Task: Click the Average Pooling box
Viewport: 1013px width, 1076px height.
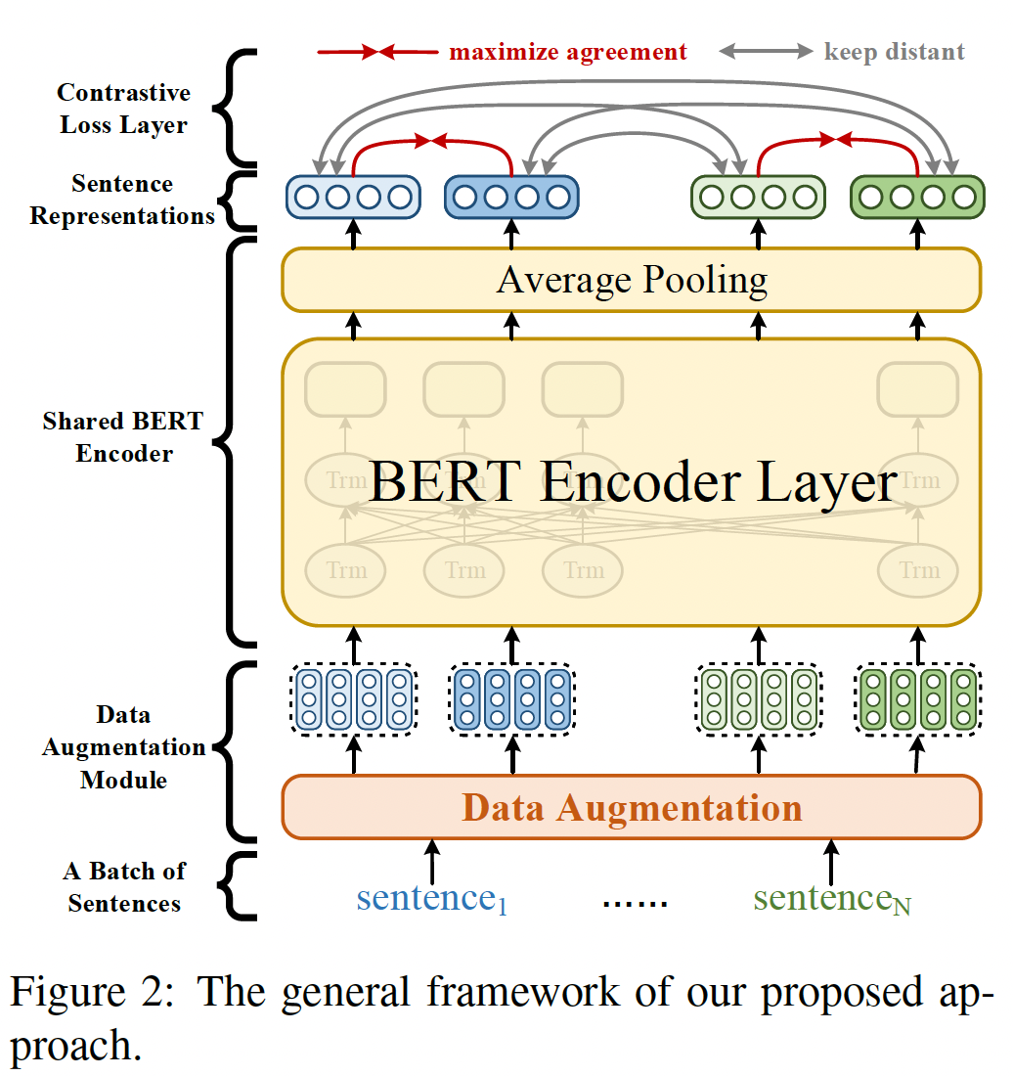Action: tap(631, 280)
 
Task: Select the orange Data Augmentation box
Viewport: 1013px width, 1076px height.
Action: tap(631, 808)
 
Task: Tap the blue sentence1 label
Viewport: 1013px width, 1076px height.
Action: tap(431, 897)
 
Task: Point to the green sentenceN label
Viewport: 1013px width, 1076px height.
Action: tap(831, 898)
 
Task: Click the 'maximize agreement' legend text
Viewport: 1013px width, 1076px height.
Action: tap(567, 52)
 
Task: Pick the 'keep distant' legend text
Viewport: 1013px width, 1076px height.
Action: tap(894, 52)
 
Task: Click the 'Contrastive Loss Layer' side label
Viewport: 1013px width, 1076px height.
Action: tap(123, 109)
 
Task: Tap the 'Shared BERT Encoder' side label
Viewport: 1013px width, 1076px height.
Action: tap(123, 437)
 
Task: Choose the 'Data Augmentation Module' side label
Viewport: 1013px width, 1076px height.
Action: tap(123, 747)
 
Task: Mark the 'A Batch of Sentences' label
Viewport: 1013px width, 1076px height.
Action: tap(125, 886)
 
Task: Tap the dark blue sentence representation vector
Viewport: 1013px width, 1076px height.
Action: tap(511, 198)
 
